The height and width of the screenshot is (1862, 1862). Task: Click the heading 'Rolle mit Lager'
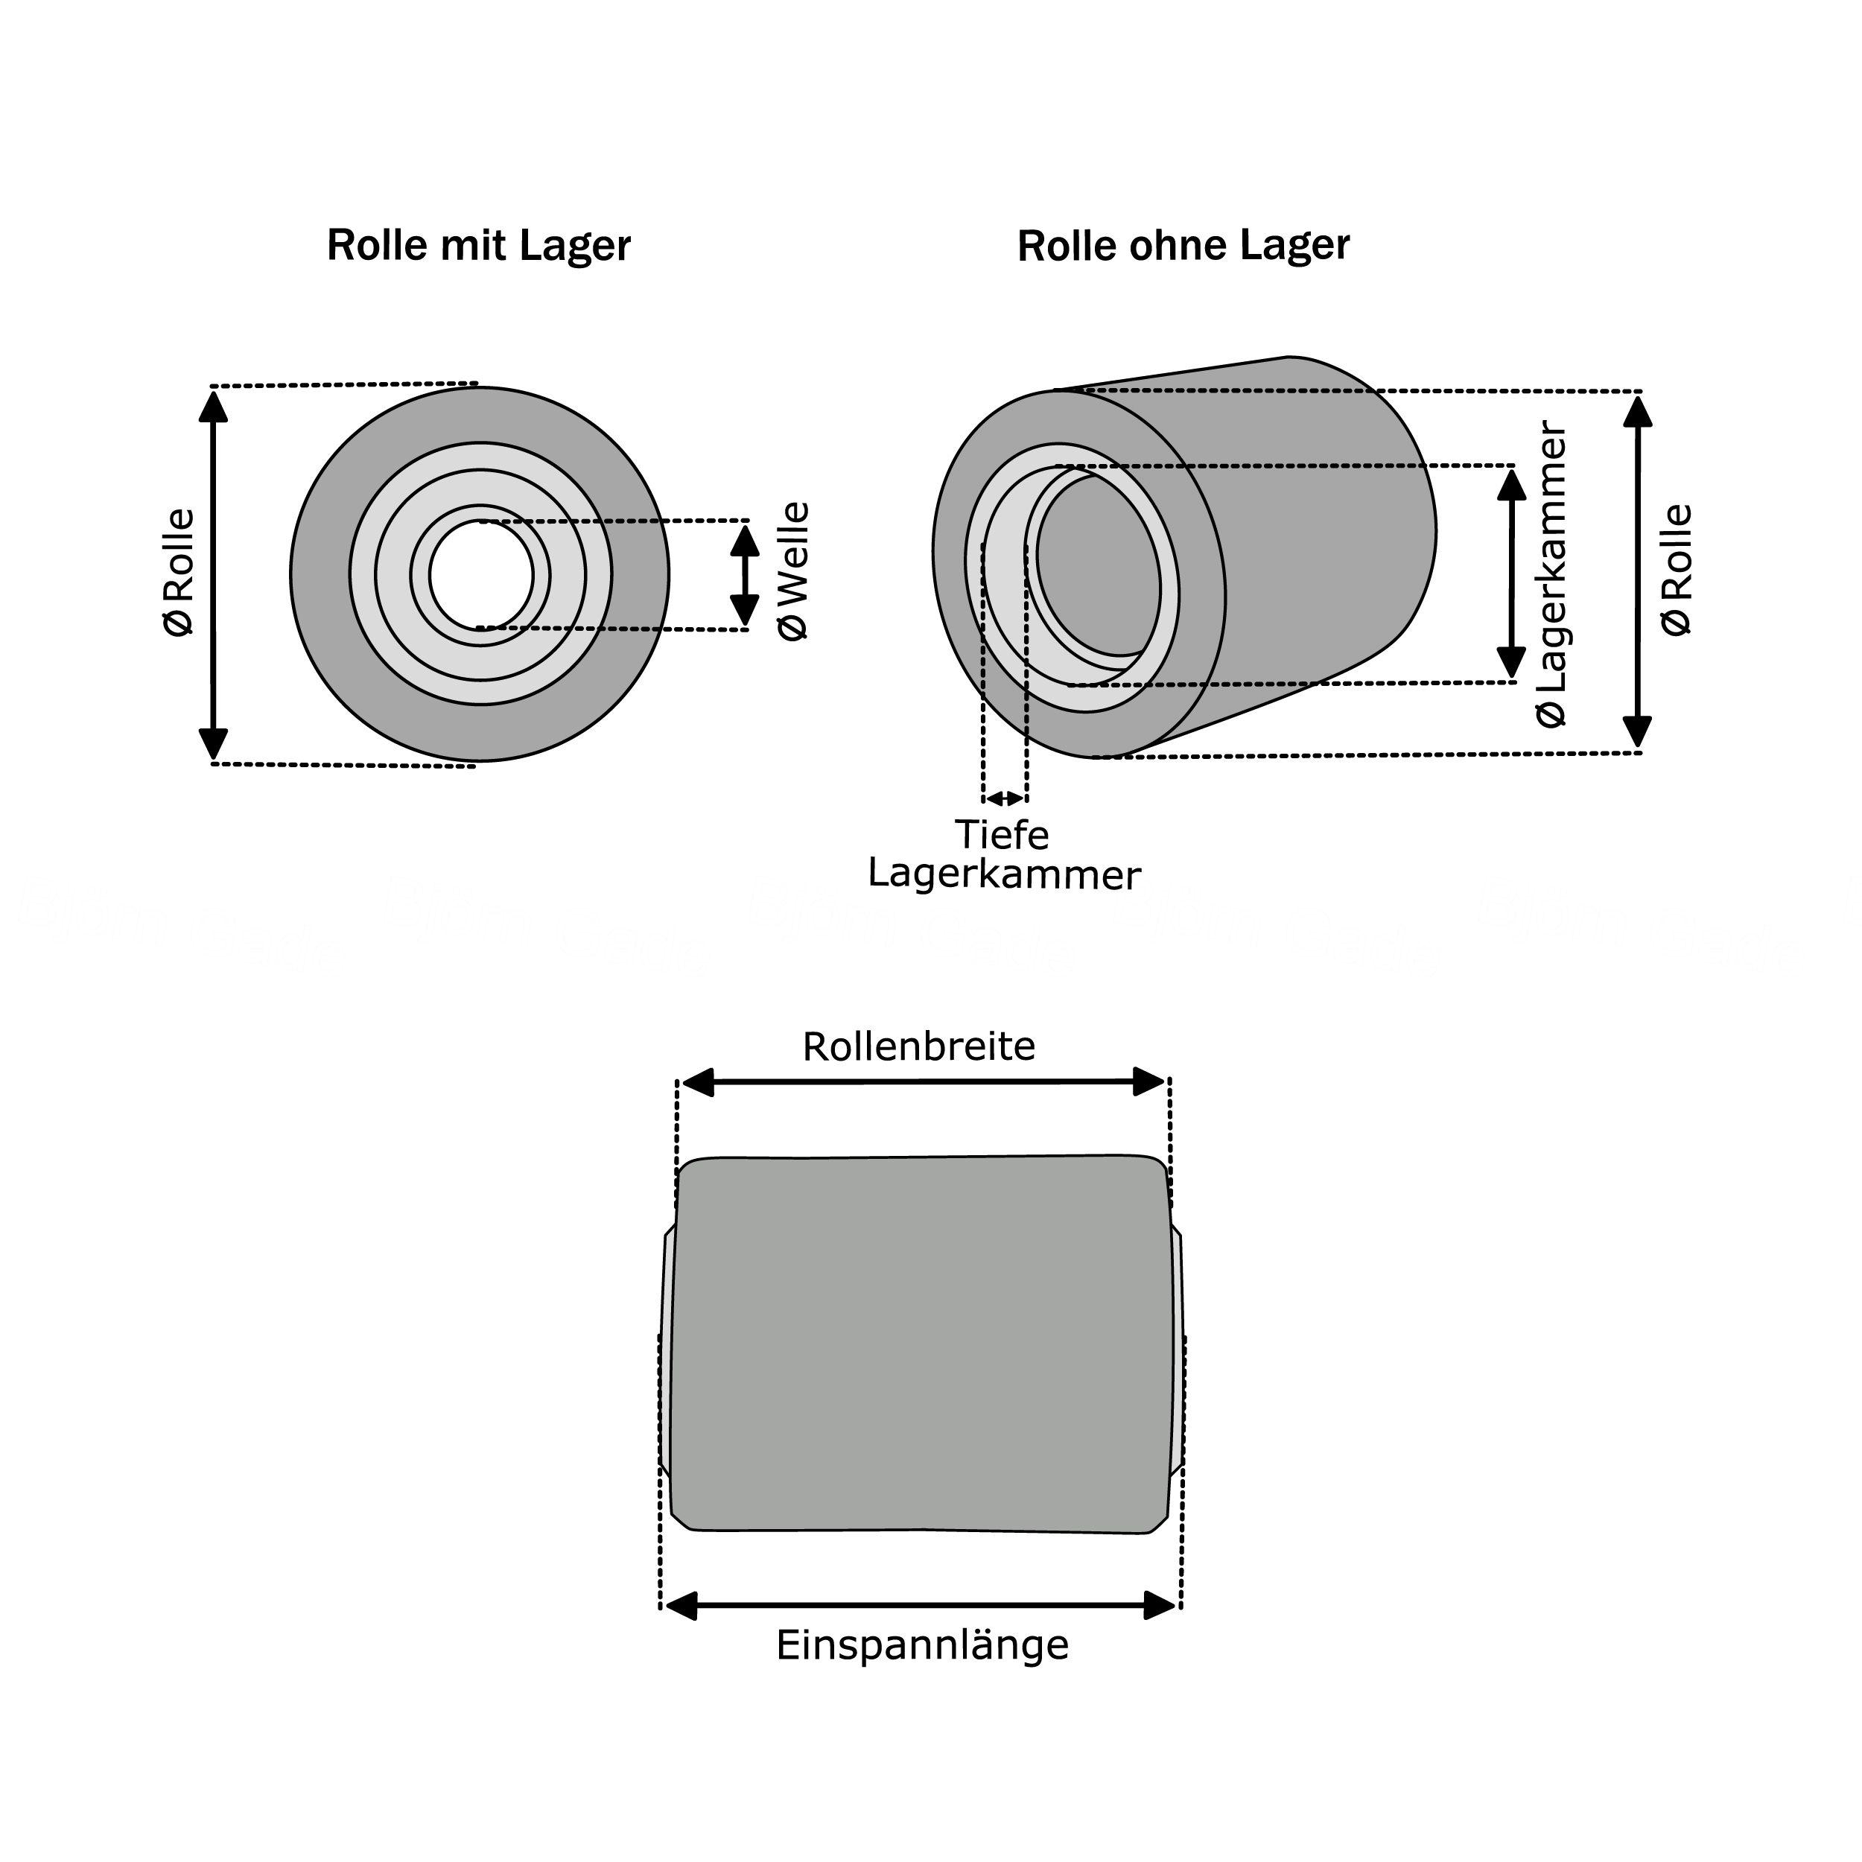click(478, 246)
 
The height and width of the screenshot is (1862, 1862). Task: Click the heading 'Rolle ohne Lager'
click(1183, 246)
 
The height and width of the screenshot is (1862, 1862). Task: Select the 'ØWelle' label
click(794, 571)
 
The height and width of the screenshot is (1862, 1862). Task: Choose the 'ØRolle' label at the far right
click(1677, 570)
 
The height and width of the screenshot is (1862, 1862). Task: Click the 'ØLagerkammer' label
click(1551, 574)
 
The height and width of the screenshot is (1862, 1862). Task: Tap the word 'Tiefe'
click(1001, 835)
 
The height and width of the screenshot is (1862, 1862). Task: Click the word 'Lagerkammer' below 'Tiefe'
click(1004, 874)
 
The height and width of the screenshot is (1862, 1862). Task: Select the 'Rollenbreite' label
click(918, 1046)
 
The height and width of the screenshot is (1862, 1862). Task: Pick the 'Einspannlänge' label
click(922, 1645)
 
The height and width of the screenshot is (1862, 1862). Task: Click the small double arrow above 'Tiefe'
click(1004, 798)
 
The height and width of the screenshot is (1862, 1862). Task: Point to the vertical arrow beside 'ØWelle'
click(744, 574)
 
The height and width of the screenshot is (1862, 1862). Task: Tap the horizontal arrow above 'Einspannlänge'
click(921, 1606)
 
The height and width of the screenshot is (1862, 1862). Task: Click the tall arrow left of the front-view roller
click(213, 574)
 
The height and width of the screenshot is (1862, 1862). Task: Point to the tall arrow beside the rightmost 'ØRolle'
click(1637, 573)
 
